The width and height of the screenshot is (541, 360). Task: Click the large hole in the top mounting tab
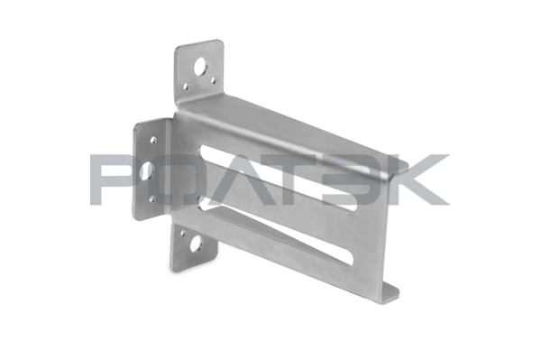200,67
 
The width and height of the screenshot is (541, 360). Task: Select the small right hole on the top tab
214,81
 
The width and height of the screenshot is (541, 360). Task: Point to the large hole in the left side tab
148,170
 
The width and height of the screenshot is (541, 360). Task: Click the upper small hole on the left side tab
153,140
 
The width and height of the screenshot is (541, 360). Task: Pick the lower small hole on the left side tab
152,199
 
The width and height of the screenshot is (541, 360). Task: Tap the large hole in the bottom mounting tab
197,244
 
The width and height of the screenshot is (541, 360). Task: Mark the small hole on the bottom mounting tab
183,234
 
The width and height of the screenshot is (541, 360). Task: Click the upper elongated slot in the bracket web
278,178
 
